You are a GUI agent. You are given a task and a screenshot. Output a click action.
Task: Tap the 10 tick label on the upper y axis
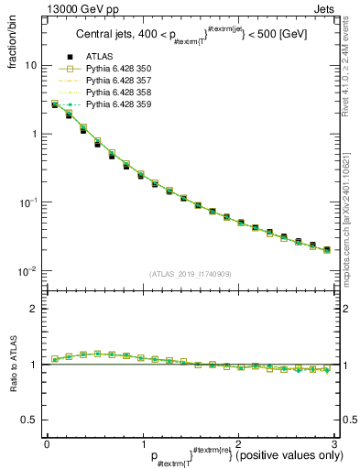pos(30,66)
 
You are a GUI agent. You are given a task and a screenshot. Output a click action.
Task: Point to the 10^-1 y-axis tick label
pos(27,202)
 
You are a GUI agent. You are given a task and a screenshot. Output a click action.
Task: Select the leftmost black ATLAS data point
pos(54,104)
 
